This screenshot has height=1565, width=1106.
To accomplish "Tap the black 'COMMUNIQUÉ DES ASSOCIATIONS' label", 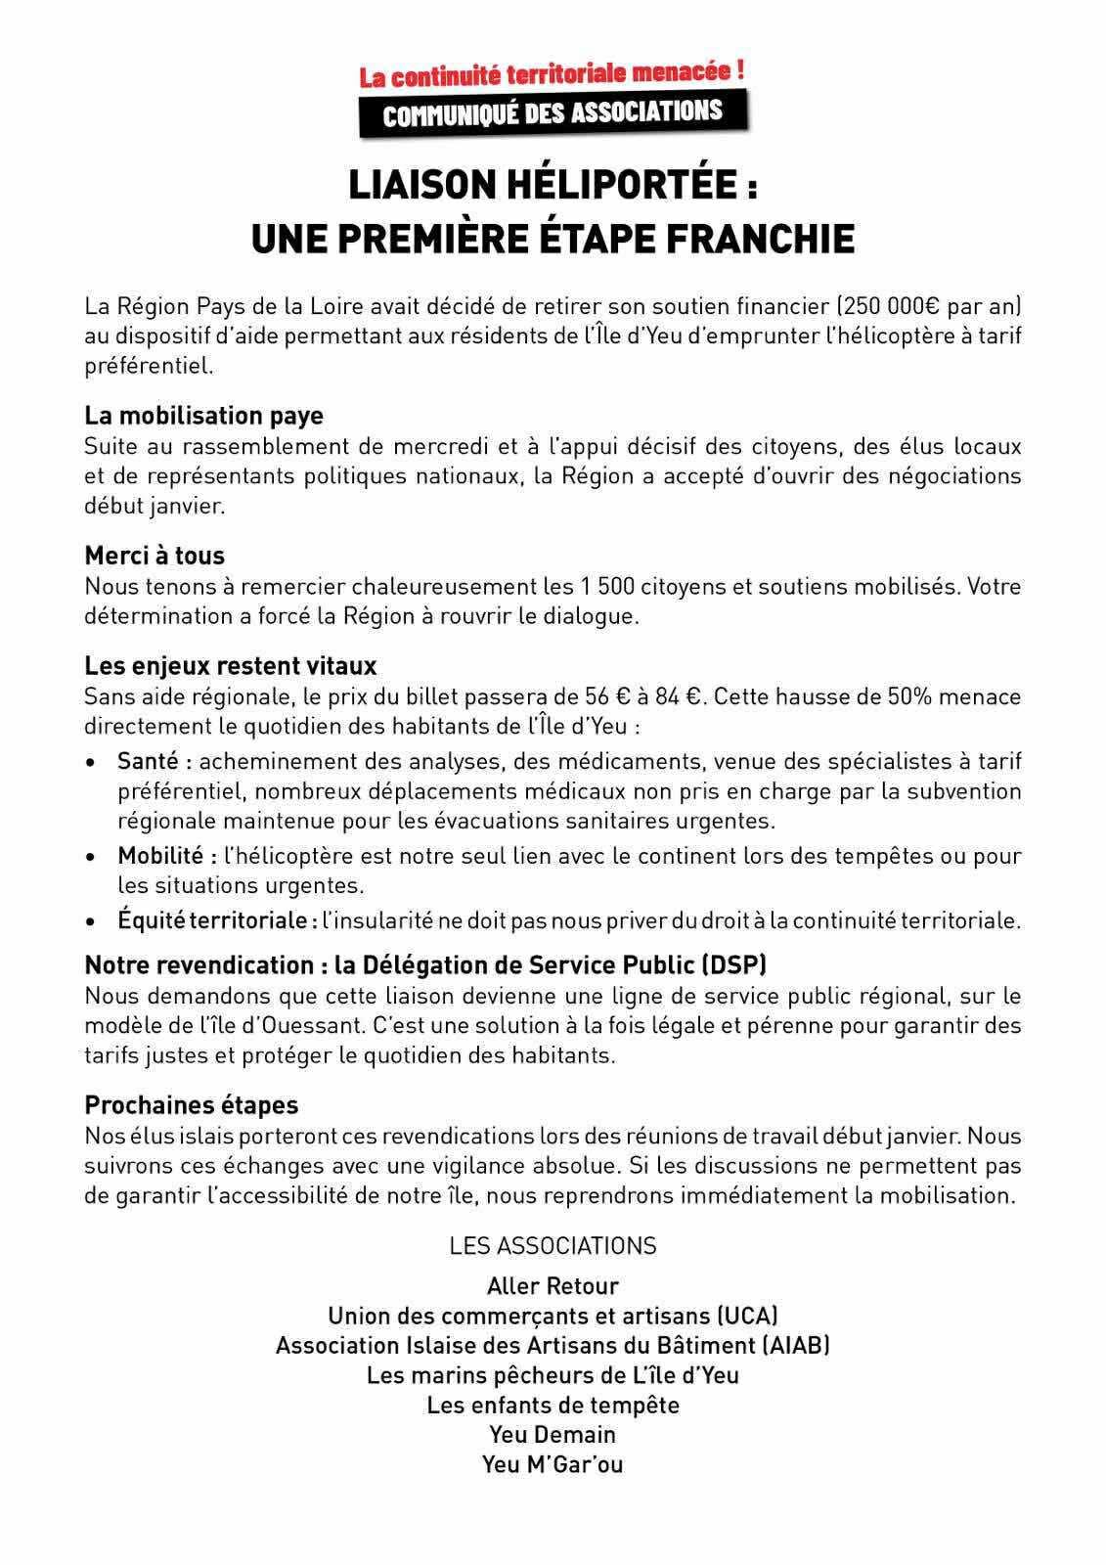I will click(x=553, y=112).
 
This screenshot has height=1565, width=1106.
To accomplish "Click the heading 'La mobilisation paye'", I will click(x=203, y=416).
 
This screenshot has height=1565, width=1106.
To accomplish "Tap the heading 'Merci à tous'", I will click(x=155, y=556).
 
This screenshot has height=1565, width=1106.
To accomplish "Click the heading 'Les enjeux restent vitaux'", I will click(x=230, y=666).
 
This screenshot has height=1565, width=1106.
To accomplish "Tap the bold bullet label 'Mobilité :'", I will click(x=167, y=856).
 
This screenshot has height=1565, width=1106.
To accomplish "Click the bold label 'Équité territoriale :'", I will click(x=217, y=921).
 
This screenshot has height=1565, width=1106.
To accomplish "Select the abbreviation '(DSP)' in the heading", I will click(x=733, y=965).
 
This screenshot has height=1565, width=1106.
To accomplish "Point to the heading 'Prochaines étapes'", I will click(x=191, y=1105).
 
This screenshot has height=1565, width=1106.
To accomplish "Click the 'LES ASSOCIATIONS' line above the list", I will click(x=553, y=1246).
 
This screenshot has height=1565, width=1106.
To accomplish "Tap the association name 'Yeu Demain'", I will click(x=553, y=1435).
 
